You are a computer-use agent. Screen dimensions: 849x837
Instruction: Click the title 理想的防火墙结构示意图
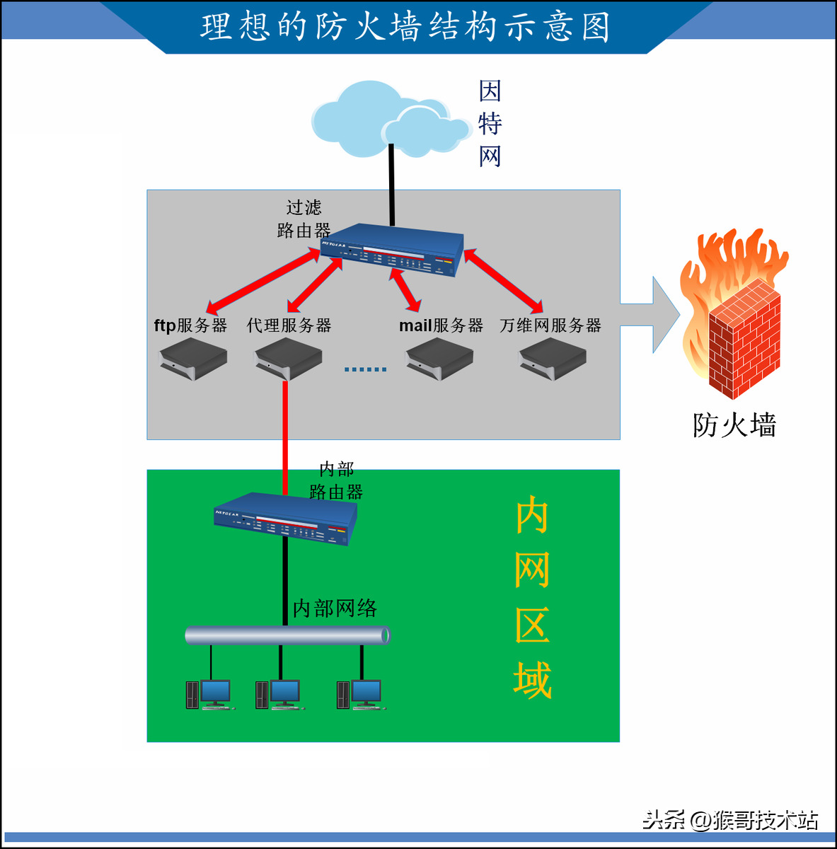coord(405,27)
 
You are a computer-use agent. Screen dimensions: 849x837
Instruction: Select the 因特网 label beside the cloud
coord(490,124)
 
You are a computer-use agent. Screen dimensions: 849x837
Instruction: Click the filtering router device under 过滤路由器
coord(393,250)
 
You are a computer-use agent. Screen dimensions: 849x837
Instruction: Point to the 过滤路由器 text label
coord(304,219)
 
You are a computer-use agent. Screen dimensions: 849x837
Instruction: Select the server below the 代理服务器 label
coord(288,359)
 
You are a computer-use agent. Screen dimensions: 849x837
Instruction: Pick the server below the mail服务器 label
coord(439,359)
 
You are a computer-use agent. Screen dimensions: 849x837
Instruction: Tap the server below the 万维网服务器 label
coord(553,359)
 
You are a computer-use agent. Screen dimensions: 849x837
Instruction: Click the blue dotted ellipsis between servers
coord(365,369)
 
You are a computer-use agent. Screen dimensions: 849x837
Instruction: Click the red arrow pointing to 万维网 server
coord(504,281)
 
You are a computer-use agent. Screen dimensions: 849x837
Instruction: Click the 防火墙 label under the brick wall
coord(734,425)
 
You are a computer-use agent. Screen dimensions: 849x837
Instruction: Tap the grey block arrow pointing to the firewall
coord(651,315)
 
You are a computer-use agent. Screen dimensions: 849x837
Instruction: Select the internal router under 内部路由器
coord(285,519)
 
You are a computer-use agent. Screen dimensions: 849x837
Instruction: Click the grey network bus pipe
coord(287,635)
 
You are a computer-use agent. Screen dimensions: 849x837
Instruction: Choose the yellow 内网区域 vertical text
coord(532,598)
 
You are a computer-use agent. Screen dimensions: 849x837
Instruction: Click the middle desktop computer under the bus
coord(279,693)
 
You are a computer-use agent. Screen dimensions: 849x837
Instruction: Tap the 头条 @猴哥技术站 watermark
coord(730,820)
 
